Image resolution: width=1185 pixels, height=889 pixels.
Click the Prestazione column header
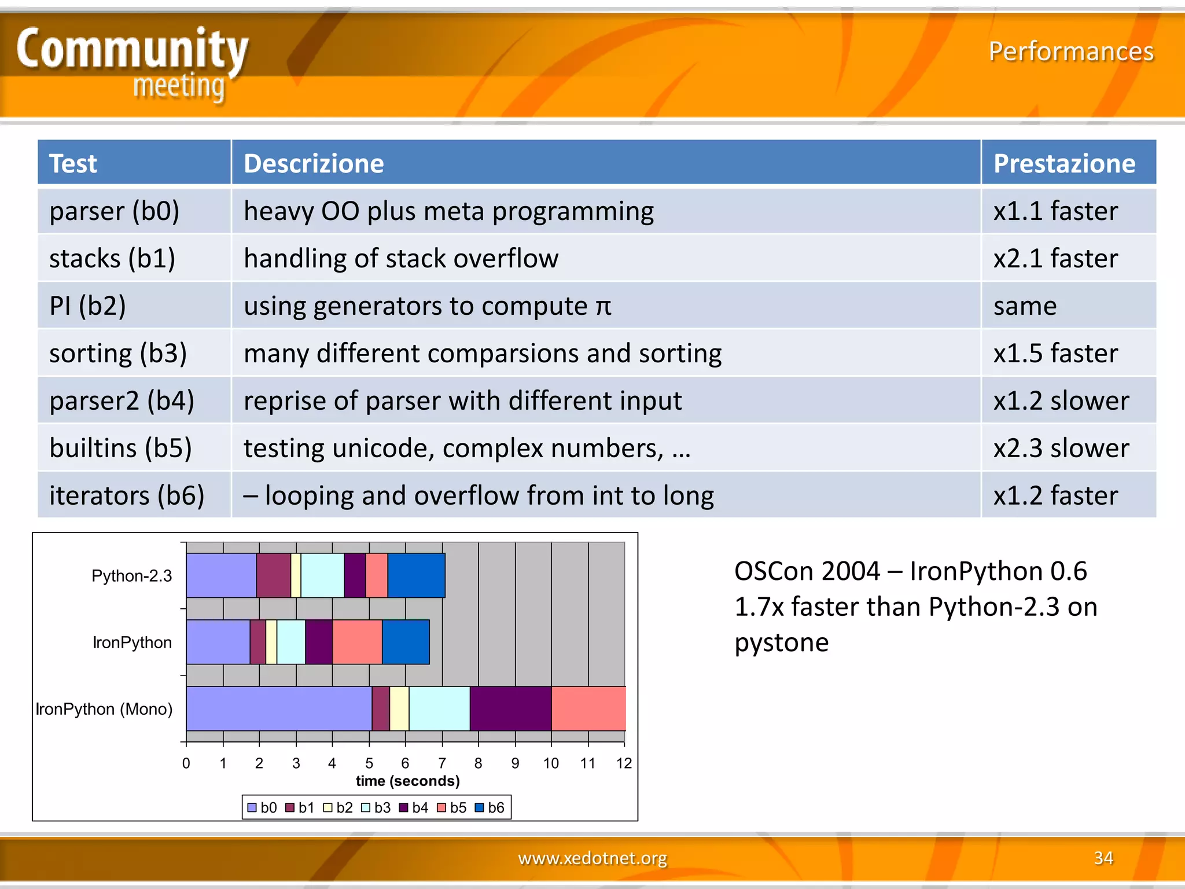(1063, 164)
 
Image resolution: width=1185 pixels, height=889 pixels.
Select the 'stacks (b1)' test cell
(112, 258)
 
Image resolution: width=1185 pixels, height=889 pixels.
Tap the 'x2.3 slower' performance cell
(1061, 448)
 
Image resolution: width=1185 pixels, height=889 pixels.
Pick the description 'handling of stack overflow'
(401, 258)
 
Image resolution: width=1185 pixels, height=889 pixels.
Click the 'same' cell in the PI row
(1025, 306)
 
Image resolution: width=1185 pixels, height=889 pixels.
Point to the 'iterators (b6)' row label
(127, 495)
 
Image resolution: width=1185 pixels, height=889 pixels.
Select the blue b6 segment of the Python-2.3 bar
(416, 575)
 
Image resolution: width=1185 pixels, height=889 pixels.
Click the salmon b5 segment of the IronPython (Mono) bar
(588, 708)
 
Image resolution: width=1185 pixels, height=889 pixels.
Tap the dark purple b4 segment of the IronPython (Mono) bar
(510, 708)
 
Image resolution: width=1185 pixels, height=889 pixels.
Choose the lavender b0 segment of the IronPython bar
(218, 642)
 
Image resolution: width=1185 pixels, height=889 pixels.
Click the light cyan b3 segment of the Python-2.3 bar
(322, 575)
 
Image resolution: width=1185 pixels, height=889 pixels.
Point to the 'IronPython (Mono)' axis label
(104, 709)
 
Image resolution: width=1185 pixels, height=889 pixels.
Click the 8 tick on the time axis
(478, 763)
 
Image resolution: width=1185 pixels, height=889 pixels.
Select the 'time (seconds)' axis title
(407, 781)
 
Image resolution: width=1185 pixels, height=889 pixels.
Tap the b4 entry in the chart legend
(414, 807)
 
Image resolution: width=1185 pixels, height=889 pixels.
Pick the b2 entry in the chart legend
(338, 807)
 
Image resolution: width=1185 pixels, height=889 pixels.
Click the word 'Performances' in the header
(1070, 52)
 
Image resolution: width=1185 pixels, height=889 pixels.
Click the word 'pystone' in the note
(781, 642)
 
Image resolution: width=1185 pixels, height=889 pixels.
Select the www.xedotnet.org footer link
(592, 858)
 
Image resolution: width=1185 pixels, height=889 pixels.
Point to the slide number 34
(1103, 858)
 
